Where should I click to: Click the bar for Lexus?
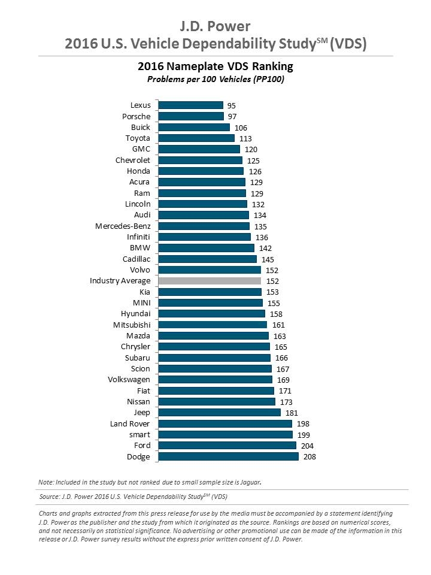pos(190,105)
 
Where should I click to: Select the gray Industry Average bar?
pos(210,281)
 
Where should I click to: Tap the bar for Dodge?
pos(228,456)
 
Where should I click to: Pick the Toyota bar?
pos(196,138)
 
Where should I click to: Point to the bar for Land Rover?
pos(225,423)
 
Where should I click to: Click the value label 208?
pos(309,457)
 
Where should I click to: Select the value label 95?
pos(232,105)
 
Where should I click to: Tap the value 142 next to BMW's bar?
pos(265,248)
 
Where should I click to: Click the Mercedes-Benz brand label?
pos(123,226)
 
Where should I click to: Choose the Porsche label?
pos(136,116)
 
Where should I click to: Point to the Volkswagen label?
pos(129,380)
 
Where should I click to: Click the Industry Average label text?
pos(120,281)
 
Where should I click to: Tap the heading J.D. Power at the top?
pos(215,26)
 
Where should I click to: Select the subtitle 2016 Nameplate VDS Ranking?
pos(215,66)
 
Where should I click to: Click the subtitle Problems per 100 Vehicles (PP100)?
pos(215,79)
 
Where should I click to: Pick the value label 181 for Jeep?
pos(291,413)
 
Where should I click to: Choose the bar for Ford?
pos(227,446)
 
